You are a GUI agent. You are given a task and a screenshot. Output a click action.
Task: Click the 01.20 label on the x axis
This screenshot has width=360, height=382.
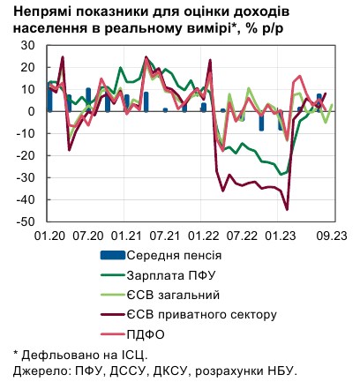pyautogui.click(x=49, y=236)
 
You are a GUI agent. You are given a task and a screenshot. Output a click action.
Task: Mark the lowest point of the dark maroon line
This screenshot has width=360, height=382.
pyautogui.click(x=288, y=210)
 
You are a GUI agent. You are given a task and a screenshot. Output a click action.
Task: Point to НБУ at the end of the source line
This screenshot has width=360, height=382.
pyautogui.click(x=281, y=371)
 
